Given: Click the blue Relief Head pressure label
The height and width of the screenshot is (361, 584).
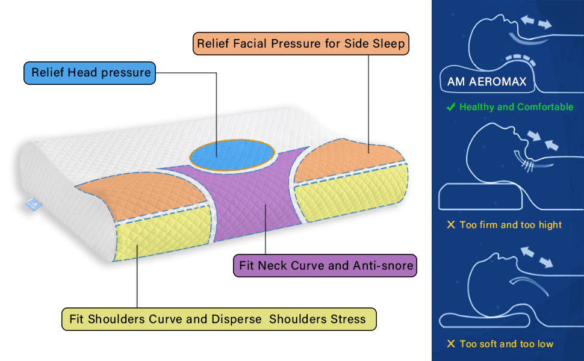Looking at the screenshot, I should point(90,73).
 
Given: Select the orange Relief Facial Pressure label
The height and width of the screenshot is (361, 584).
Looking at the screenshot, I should point(301,43).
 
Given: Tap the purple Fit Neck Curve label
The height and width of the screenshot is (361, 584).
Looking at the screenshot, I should point(325,265).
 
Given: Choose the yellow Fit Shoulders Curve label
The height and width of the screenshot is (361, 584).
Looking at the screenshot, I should point(219,319).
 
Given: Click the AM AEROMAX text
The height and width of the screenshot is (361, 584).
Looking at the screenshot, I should point(487,81).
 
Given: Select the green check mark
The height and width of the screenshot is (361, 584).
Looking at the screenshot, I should point(450,107).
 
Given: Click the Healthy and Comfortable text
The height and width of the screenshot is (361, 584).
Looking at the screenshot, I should point(516,107).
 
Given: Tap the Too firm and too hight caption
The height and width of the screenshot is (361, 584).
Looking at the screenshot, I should point(510,225).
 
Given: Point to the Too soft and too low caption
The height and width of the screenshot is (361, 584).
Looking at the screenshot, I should point(506,344).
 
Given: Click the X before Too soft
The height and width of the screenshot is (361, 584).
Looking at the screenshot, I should point(450,344).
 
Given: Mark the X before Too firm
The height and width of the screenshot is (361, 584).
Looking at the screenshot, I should point(450,225).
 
